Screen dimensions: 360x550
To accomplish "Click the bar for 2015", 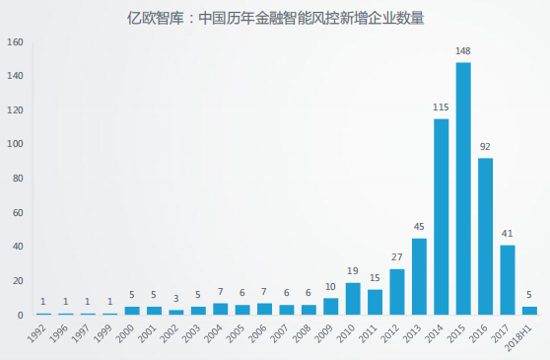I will tap(463, 188).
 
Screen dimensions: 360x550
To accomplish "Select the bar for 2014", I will tap(442, 217).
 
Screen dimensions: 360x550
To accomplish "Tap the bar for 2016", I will tap(486, 236).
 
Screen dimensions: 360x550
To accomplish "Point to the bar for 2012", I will tap(397, 291).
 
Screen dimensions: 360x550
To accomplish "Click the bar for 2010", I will tap(353, 298).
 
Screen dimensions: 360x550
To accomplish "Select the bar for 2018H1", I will tap(530, 311).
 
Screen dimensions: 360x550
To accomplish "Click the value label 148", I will tap(463, 51).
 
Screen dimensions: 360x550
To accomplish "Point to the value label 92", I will tap(486, 146).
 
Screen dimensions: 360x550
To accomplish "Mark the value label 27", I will tap(397, 257).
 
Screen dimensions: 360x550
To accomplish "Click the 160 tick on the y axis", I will tap(14, 42).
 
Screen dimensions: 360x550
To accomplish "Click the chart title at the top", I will tap(275, 16).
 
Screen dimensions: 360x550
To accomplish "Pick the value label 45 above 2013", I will tap(419, 227).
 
